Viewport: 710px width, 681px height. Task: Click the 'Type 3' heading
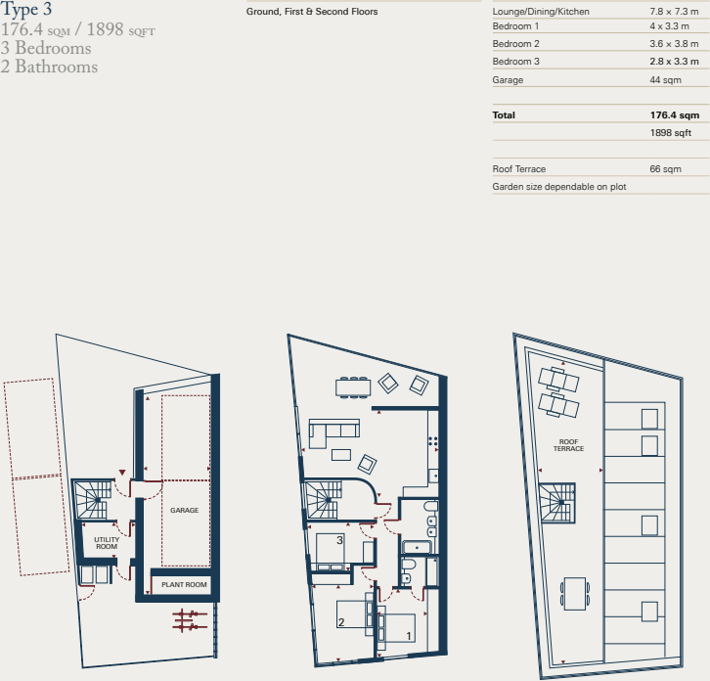tap(27, 11)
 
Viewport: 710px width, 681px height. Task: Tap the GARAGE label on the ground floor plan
tap(184, 511)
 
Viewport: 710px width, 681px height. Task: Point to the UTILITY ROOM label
tap(106, 543)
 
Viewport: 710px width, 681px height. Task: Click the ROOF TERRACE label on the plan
tap(568, 445)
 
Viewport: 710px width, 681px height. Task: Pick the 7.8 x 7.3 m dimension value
tap(674, 11)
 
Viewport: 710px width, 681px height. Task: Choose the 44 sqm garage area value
tap(666, 79)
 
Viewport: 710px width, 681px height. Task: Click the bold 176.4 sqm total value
tap(674, 114)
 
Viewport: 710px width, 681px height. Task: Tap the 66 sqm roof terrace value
tap(665, 169)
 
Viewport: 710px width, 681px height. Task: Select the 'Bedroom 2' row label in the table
tap(515, 44)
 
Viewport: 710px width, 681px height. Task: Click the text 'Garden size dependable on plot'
tap(558, 186)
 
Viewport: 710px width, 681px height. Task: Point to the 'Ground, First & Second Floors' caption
tap(312, 12)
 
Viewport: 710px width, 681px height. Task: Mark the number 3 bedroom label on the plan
tap(339, 539)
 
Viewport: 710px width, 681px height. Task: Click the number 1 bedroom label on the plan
tap(408, 635)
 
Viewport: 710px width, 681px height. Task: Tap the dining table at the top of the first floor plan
tap(353, 387)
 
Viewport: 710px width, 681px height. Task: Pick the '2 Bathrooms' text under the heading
tap(49, 67)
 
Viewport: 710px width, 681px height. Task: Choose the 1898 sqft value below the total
tap(670, 132)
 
